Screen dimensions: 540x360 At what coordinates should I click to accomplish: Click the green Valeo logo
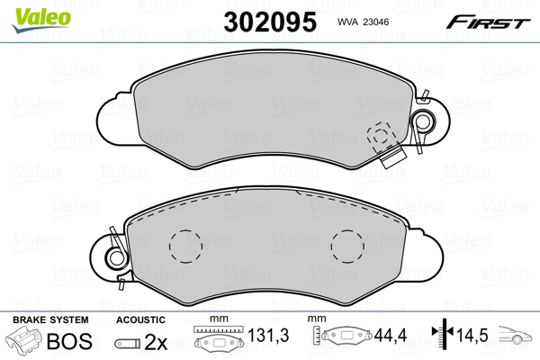coord(41,20)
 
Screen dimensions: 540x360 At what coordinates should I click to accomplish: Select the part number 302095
coord(270,22)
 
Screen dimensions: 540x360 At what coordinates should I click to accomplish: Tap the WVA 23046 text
coord(363,22)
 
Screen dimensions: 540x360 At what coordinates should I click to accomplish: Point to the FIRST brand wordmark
coord(488,22)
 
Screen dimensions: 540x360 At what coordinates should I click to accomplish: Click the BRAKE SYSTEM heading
coord(50,319)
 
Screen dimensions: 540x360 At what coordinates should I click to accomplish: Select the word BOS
coord(69,341)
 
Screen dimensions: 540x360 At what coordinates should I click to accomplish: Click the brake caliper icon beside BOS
coord(23,339)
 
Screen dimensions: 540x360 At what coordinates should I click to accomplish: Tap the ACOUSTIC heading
coord(140,319)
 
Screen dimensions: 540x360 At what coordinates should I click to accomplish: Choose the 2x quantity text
coord(156,342)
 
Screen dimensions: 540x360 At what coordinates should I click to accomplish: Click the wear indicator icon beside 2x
coord(128,343)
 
